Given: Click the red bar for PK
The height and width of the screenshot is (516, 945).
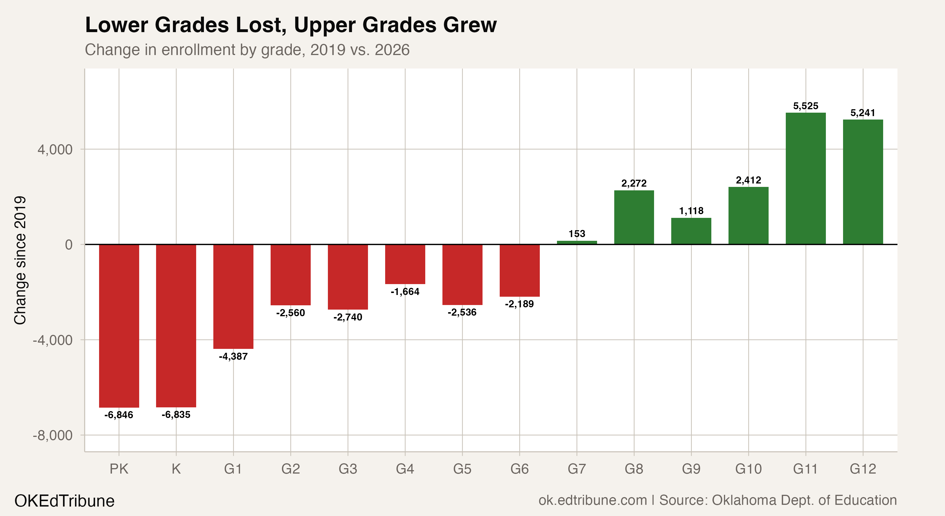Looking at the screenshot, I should [119, 326].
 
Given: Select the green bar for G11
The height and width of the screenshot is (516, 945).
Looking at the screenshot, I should [806, 179].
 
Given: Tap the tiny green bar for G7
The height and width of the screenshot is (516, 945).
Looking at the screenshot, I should [577, 243].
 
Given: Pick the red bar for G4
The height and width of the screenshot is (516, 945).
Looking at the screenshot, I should [405, 264].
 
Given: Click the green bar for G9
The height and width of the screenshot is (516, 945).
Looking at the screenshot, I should [691, 231].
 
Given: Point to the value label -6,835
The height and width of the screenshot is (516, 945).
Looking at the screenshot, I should [176, 415].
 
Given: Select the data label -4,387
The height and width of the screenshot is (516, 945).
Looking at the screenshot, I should [233, 356].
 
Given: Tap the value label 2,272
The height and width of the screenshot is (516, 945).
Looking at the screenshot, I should [634, 183].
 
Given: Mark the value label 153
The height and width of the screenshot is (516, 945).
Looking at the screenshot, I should [577, 234].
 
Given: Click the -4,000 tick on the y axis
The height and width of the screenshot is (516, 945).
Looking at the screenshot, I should [53, 340].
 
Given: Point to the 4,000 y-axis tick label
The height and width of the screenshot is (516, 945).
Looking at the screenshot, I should [55, 149].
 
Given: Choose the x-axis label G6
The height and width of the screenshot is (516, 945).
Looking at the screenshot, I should [519, 469].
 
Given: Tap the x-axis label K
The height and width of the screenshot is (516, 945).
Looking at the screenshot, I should [176, 469].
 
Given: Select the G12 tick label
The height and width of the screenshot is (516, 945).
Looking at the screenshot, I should [863, 469].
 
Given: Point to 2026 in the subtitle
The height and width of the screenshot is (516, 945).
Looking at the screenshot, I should [392, 50].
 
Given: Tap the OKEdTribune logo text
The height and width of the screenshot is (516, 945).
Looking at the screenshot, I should [64, 501].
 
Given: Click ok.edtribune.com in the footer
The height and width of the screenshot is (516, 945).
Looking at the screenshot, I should [592, 500].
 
